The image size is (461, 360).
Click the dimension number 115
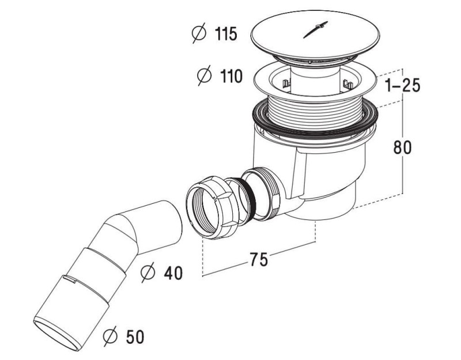226,34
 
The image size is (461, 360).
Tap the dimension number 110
231,77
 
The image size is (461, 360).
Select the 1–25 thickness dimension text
403,85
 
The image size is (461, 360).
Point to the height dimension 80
402,147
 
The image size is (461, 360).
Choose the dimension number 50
135,337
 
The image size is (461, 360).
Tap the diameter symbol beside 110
204,75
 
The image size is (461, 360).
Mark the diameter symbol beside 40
148,272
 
